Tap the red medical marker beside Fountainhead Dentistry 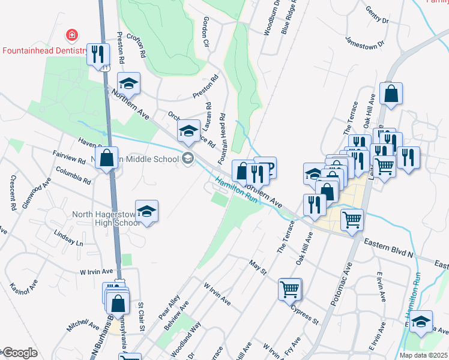[x=72, y=35]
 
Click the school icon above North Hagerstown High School [x=146, y=211]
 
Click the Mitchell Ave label [x=83, y=325]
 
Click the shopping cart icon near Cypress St [x=289, y=290]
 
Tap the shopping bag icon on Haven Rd [x=107, y=159]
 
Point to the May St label [x=258, y=267]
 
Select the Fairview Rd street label [x=69, y=158]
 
